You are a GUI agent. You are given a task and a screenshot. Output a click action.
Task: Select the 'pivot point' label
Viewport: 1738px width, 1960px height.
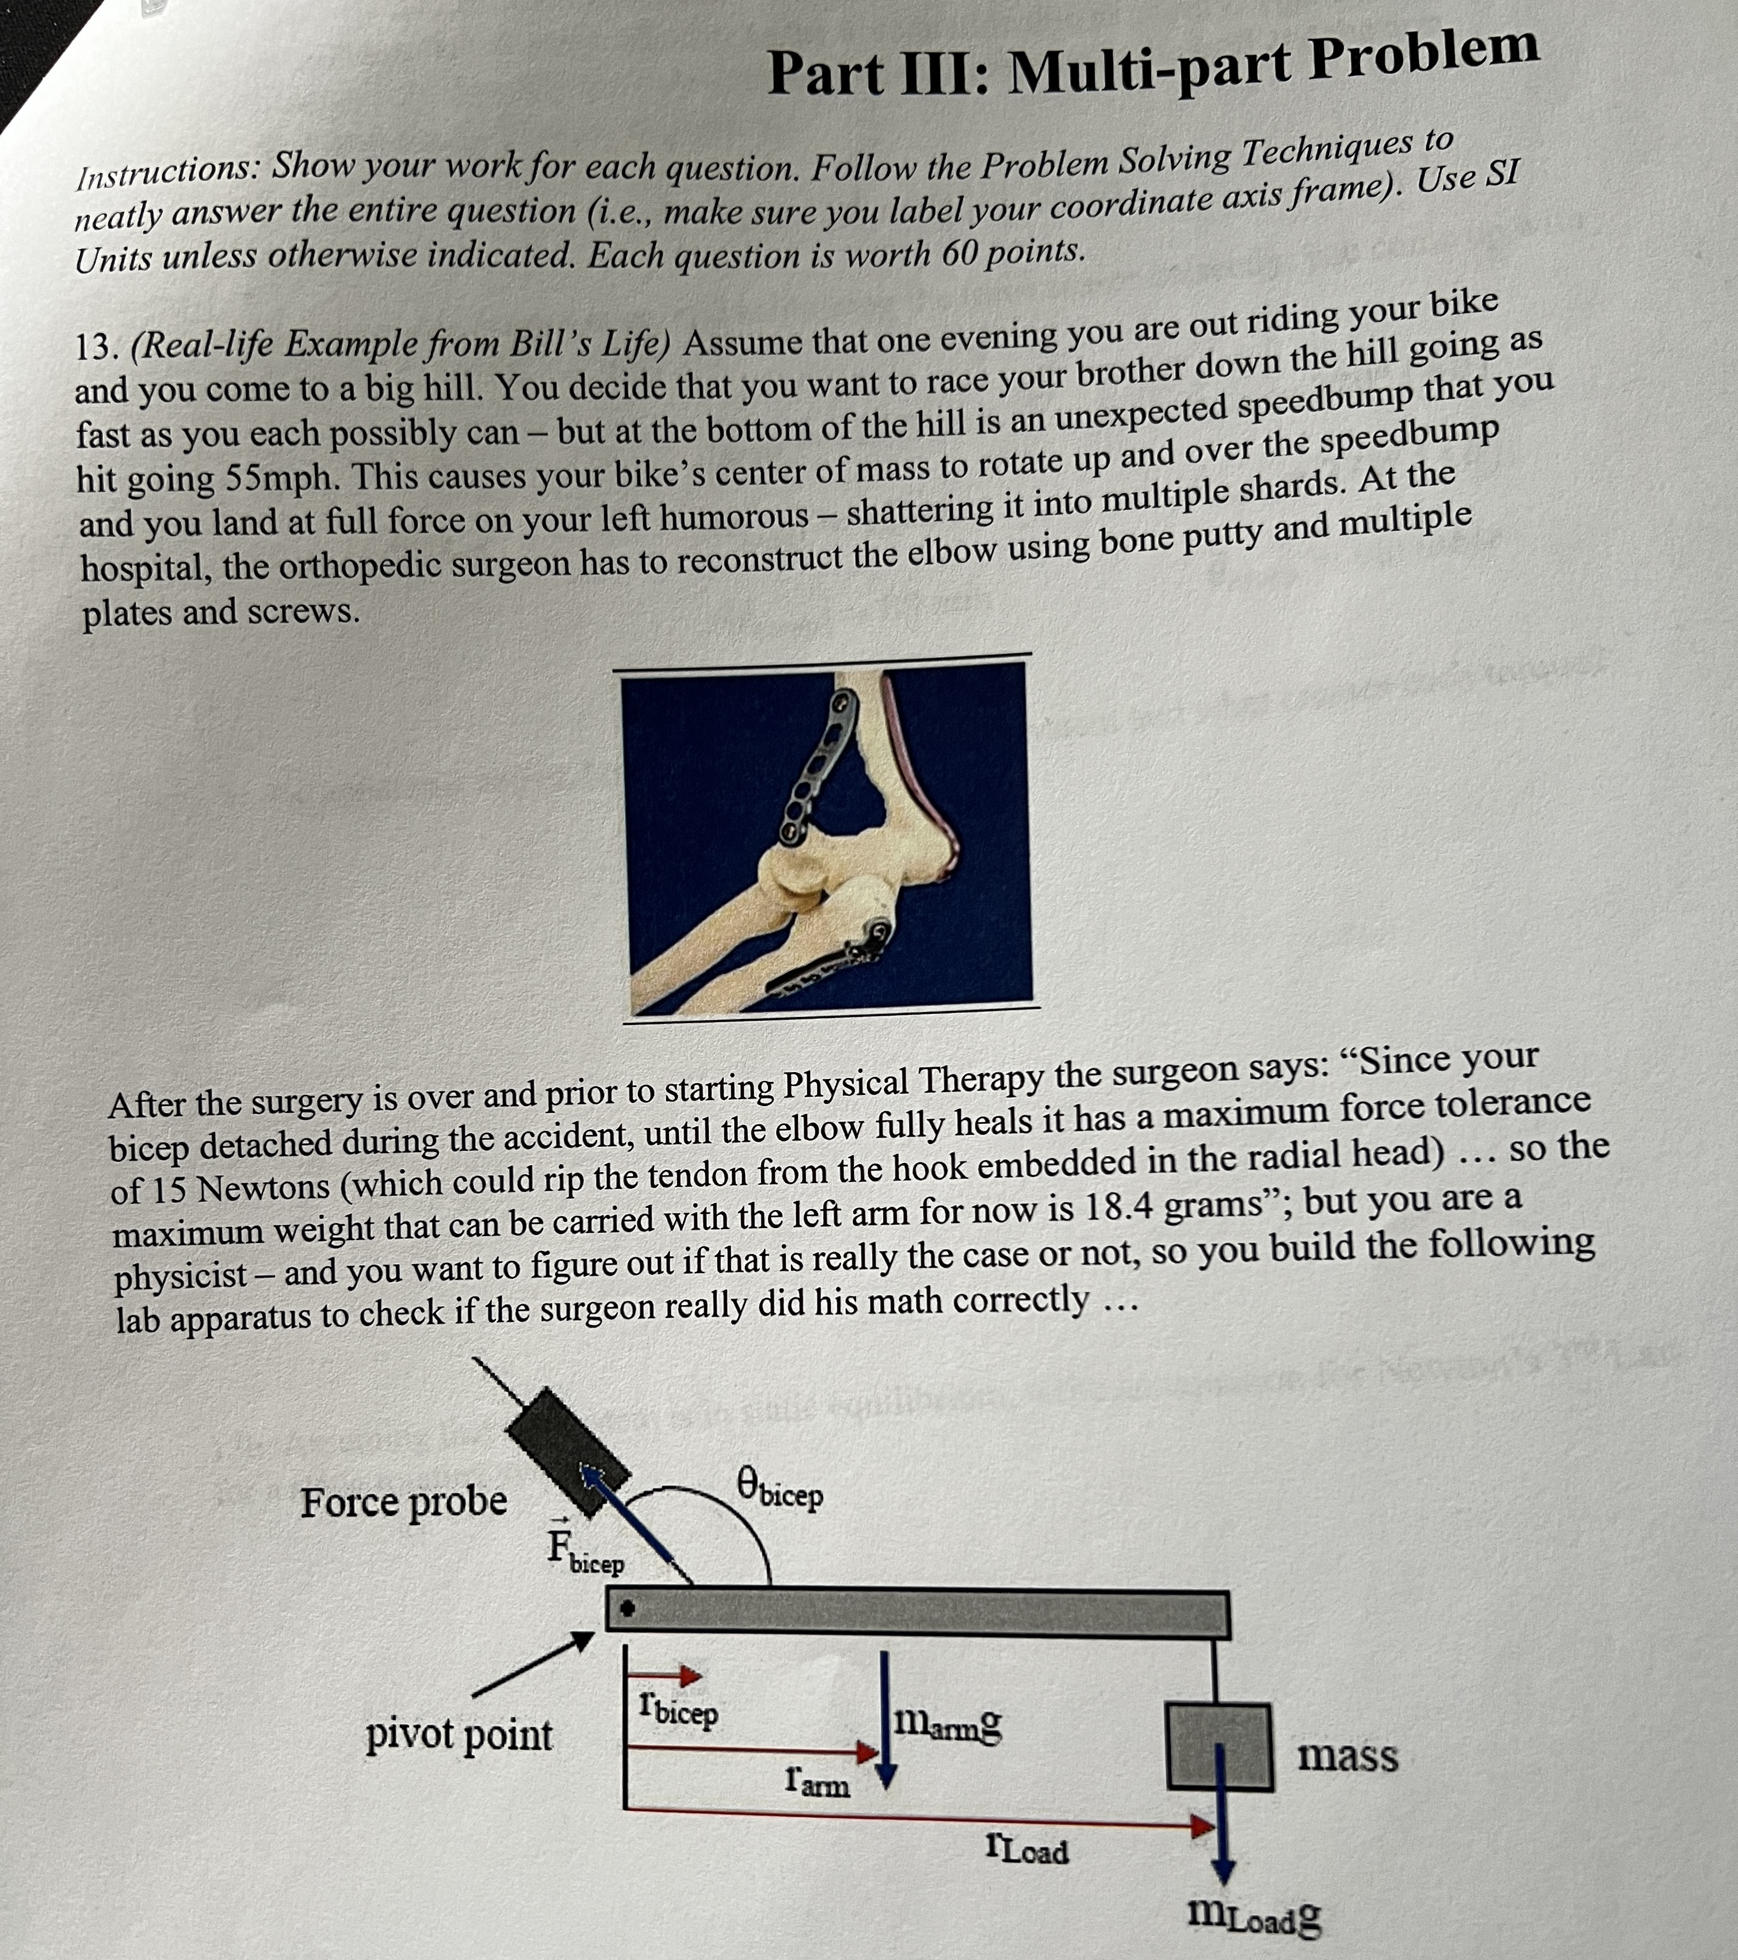pyautogui.click(x=458, y=1734)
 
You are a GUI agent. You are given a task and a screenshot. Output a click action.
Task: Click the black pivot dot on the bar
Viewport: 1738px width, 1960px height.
pyautogui.click(x=627, y=1608)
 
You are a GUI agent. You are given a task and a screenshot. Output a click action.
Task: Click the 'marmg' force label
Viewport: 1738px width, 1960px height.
pyautogui.click(x=947, y=1724)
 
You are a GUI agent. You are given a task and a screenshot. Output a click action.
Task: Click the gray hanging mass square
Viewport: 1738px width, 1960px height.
pyautogui.click(x=1218, y=1745)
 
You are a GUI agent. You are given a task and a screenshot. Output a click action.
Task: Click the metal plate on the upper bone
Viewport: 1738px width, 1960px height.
pyautogui.click(x=820, y=767)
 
